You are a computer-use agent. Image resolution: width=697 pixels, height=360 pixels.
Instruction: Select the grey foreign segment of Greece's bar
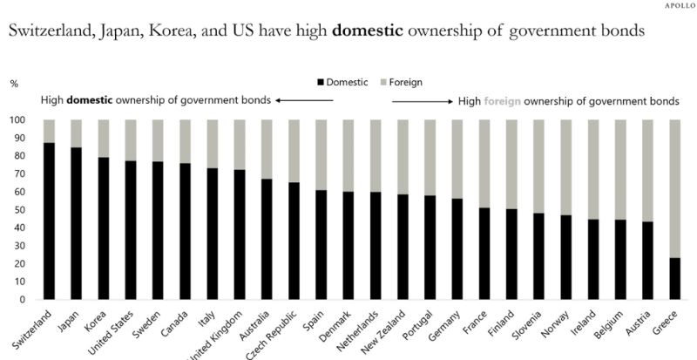click(675, 188)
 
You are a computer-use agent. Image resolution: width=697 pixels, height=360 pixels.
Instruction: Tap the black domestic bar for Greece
click(675, 278)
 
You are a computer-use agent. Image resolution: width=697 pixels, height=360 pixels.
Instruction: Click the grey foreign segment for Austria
click(648, 171)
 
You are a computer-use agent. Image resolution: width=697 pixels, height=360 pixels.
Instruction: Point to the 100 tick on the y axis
click(17, 120)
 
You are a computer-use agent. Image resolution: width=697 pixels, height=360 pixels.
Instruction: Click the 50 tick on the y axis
click(18, 210)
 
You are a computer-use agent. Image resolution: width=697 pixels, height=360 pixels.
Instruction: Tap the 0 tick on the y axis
click(22, 300)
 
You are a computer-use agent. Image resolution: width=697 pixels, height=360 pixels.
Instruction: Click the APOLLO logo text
click(673, 6)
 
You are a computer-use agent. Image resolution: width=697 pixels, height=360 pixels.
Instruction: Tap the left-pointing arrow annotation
click(305, 100)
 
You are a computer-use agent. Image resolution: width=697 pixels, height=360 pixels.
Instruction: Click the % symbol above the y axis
click(14, 84)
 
